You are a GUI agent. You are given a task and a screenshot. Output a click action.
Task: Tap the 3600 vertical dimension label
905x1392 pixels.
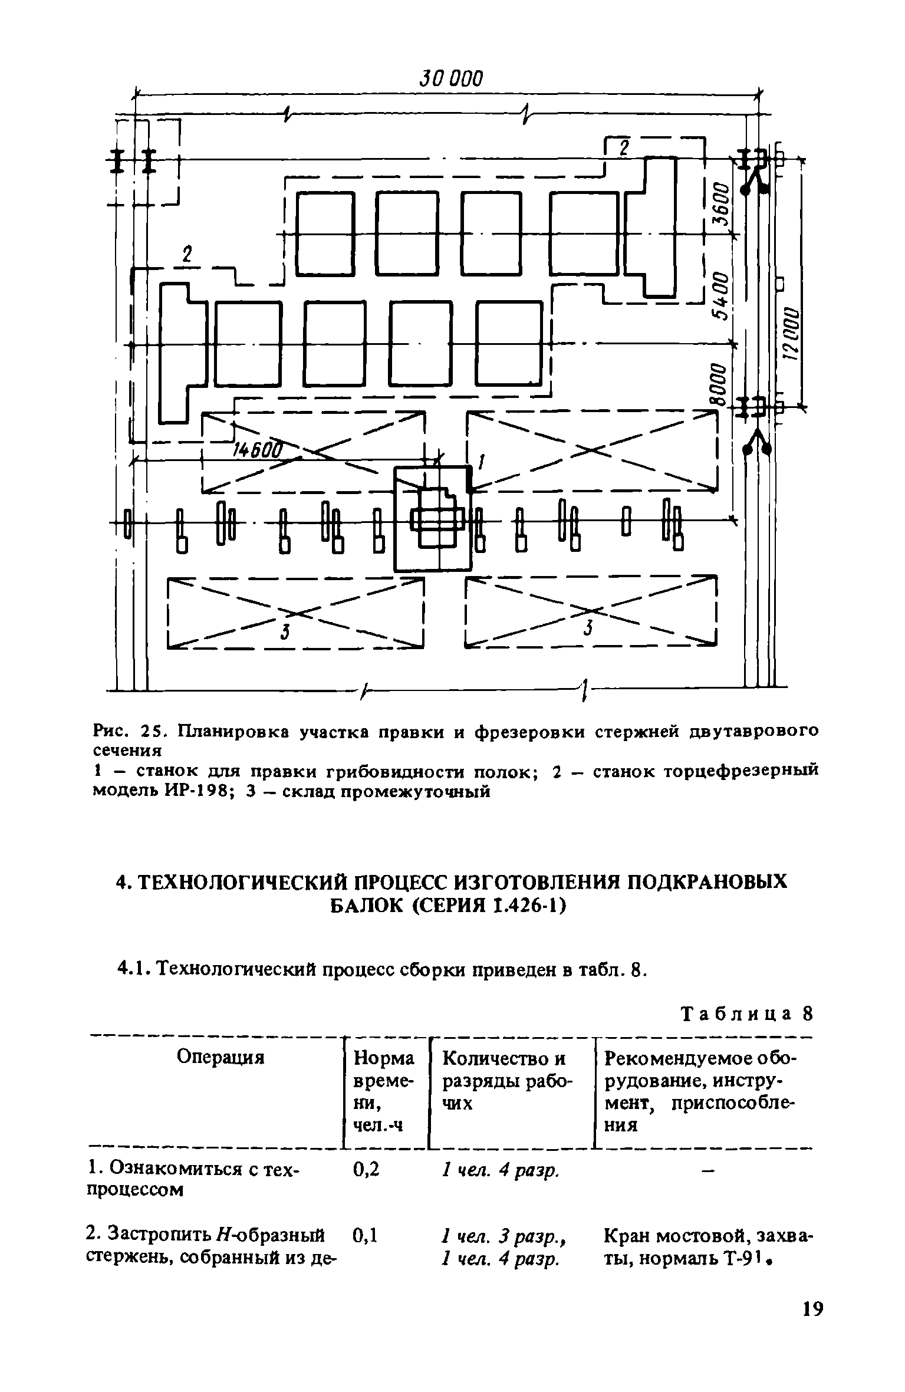pyautogui.click(x=721, y=206)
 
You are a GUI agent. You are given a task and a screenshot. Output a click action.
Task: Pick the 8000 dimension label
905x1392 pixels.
pyautogui.click(x=718, y=384)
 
